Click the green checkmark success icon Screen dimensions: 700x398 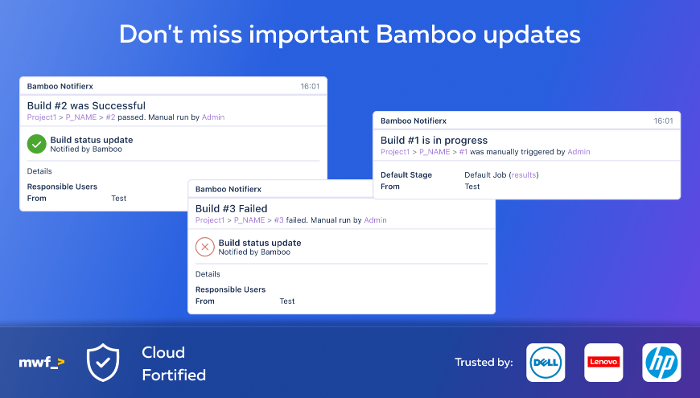click(36, 144)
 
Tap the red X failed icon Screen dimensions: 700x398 click(205, 247)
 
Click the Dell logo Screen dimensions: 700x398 click(546, 363)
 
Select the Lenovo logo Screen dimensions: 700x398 click(603, 363)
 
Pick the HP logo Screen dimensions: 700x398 click(661, 363)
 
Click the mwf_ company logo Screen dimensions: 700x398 click(42, 363)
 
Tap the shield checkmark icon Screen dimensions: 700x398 click(103, 363)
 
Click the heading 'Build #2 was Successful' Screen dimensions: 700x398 click(86, 106)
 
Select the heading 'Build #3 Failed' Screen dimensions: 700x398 click(231, 208)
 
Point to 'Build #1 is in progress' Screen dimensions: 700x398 click(434, 140)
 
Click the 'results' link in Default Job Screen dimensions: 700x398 click(524, 175)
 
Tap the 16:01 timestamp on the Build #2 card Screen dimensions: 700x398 click(310, 87)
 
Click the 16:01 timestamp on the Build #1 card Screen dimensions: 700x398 click(664, 121)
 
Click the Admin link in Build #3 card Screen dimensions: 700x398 click(376, 220)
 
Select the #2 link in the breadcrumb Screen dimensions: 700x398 click(110, 117)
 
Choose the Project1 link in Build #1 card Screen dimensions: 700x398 click(395, 152)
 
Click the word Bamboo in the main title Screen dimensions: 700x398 click(426, 35)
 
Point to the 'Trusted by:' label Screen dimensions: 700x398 click(484, 363)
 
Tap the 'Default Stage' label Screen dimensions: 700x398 click(406, 175)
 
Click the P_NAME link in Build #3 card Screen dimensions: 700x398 click(249, 220)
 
